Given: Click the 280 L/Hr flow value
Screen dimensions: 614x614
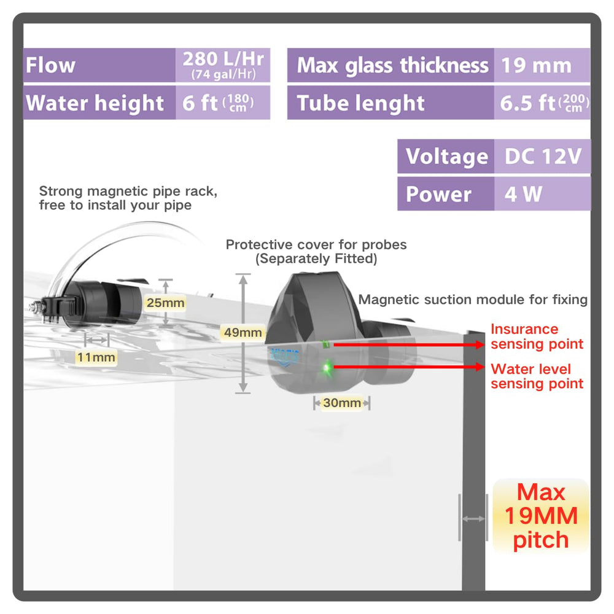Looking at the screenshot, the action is (223, 65).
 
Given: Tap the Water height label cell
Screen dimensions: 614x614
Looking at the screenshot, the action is (99, 103).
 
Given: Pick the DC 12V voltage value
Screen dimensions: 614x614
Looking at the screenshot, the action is (542, 156).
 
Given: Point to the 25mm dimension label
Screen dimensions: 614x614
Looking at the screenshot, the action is (165, 303).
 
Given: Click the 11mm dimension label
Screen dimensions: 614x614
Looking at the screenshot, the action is (96, 357).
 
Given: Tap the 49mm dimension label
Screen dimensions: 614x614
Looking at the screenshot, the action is (243, 332).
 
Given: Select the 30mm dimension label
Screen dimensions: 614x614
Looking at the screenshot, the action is (342, 403).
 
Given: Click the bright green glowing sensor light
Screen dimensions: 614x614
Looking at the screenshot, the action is (326, 368).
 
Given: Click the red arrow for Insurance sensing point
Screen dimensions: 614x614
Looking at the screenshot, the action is (409, 344).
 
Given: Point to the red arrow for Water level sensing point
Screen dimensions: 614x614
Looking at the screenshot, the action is (409, 367).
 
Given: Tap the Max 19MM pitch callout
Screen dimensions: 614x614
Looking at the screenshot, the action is (541, 516).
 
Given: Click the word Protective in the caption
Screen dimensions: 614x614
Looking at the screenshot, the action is (259, 245).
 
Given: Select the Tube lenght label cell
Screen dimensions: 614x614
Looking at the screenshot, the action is (391, 103).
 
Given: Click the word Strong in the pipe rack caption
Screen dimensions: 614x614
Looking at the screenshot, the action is (61, 192).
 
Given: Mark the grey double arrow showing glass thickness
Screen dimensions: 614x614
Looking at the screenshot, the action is (473, 519).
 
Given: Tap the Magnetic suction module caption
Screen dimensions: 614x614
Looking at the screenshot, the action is (473, 300).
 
